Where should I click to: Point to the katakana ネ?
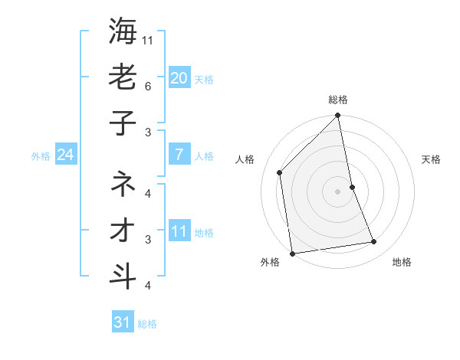(x=123, y=184)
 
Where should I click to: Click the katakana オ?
(x=123, y=230)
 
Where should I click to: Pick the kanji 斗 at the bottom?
(x=123, y=276)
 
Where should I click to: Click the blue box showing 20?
(x=179, y=77)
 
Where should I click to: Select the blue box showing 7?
(x=179, y=155)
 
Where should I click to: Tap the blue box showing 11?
(x=179, y=231)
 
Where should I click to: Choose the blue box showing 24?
(x=65, y=155)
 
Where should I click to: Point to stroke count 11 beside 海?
(x=149, y=39)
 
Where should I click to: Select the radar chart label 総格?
(x=338, y=100)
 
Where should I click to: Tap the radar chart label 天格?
(x=431, y=159)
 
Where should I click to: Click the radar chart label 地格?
(x=402, y=263)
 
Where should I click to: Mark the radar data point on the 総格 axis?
(x=338, y=116)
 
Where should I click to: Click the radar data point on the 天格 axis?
(x=352, y=187)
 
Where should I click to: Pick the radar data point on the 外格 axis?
(x=292, y=254)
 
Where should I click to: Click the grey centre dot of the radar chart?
(x=338, y=191)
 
